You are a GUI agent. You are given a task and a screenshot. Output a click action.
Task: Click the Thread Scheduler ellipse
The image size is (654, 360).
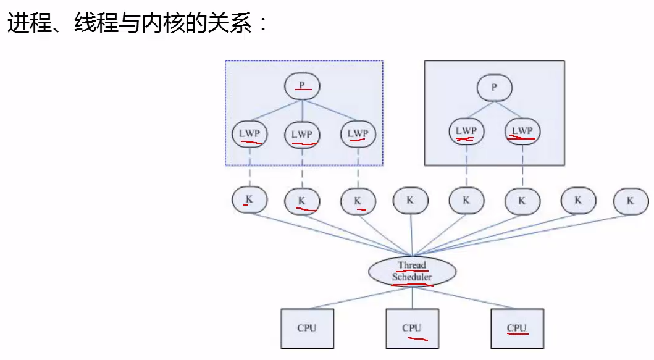412,271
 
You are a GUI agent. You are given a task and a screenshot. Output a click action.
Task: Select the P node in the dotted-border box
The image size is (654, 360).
302,86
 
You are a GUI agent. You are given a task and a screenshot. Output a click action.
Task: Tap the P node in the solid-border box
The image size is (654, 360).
494,88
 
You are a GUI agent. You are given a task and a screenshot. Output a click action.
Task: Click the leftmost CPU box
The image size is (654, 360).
308,329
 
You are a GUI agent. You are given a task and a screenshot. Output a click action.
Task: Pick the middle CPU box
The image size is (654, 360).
412,329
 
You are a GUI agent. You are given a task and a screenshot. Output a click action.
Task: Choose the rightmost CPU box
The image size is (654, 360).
517,329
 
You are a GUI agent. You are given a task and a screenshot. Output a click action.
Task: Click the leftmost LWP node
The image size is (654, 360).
249,134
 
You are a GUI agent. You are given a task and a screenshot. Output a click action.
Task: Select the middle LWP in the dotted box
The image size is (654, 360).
302,135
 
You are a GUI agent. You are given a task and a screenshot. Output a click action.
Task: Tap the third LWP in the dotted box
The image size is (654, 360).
358,134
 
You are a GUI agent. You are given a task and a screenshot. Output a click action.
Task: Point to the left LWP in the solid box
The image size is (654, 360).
466,132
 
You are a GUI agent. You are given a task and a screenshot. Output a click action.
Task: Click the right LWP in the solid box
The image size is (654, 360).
522,132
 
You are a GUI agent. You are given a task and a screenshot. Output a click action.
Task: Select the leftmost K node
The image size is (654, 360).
249,200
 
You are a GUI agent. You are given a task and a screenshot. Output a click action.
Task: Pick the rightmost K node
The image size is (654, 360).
631,201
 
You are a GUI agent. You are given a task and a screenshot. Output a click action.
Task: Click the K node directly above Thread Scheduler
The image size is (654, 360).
411,201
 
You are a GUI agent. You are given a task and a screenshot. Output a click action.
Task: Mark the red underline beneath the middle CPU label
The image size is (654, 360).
417,339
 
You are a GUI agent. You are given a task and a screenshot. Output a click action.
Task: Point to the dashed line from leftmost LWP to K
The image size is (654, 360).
249,167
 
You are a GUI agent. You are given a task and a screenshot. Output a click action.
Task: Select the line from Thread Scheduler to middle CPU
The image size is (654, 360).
412,298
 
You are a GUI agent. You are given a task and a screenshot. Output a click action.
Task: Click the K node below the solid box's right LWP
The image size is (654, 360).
522,201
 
